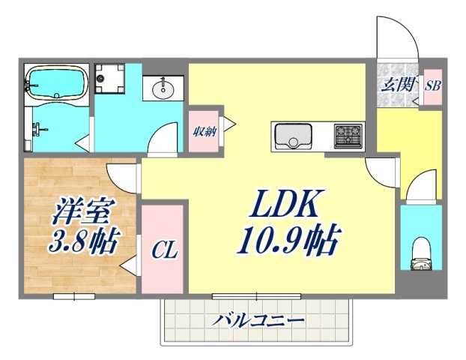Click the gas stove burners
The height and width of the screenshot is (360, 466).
[x=347, y=136]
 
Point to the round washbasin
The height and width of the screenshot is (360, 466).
[x=163, y=90]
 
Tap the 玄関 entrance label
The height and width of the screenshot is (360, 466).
[x=398, y=84]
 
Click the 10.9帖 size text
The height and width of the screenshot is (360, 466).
[x=288, y=242]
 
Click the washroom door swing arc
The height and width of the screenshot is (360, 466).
[x=160, y=139]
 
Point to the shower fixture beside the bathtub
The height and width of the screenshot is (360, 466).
[x=35, y=130]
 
